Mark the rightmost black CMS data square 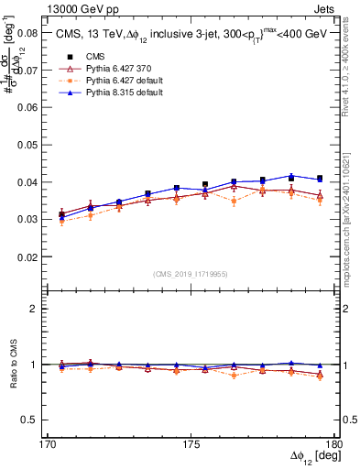tap(320, 179)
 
